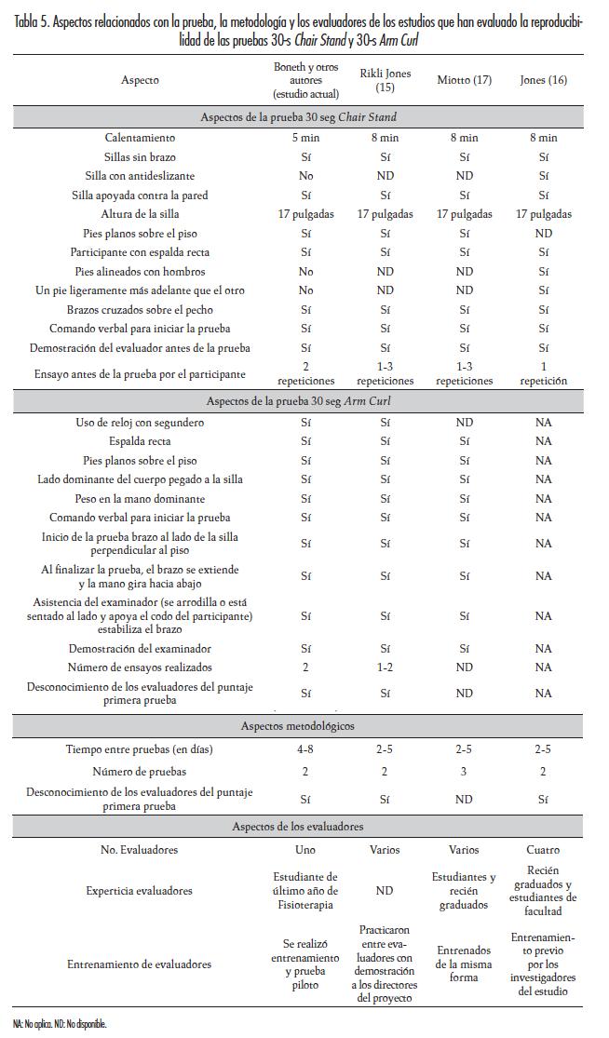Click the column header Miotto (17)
pos(464,80)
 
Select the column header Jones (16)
pos(544,80)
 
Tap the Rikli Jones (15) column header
pos(385,80)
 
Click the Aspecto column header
pos(140,80)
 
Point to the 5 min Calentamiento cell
pos(304,138)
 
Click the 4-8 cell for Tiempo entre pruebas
pos(304,748)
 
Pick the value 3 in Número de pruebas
pos(464,771)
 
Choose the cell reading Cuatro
pos(544,850)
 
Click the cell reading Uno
pos(304,850)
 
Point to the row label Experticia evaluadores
pos(140,891)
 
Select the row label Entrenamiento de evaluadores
pos(140,964)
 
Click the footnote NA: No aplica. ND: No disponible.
pos(60,1024)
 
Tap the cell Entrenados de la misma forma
pos(464,964)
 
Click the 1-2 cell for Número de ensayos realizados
pos(385,667)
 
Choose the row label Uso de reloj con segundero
pos(140,423)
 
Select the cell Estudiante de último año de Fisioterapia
pos(304,891)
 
